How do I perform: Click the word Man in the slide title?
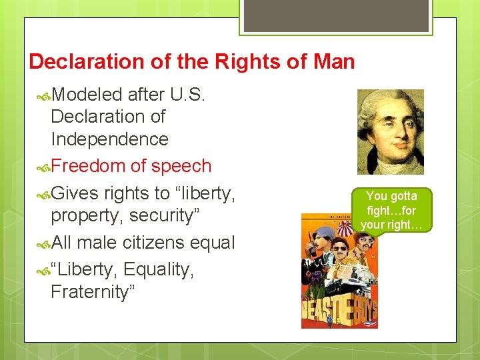tap(331, 62)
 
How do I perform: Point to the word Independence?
tap(109, 139)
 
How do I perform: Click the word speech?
tap(181, 166)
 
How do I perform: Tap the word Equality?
tap(159, 269)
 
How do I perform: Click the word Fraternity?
tap(93, 292)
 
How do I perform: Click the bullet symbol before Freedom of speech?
tap(44, 167)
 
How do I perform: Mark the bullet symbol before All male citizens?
tap(44, 243)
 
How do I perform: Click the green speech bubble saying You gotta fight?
tap(391, 210)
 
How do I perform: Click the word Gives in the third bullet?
tap(75, 193)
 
